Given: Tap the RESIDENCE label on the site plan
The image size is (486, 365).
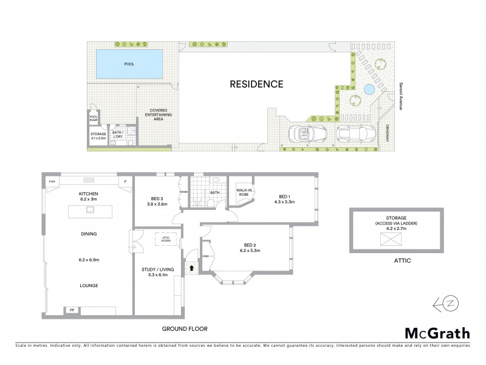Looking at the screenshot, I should [x=256, y=84].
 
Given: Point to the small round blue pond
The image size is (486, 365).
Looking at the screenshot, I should [x=369, y=90].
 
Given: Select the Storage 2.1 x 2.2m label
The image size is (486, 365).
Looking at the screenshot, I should [x=98, y=136].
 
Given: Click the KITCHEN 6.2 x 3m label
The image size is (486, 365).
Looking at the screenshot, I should [x=88, y=196].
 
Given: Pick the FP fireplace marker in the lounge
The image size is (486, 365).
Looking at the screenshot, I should [x=72, y=310].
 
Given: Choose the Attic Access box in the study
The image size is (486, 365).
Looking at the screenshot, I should [x=165, y=238].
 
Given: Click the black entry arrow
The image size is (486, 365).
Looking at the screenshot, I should [x=193, y=266].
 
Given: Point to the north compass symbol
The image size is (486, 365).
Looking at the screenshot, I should [x=443, y=304].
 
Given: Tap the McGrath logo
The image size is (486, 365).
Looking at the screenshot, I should [x=437, y=333].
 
